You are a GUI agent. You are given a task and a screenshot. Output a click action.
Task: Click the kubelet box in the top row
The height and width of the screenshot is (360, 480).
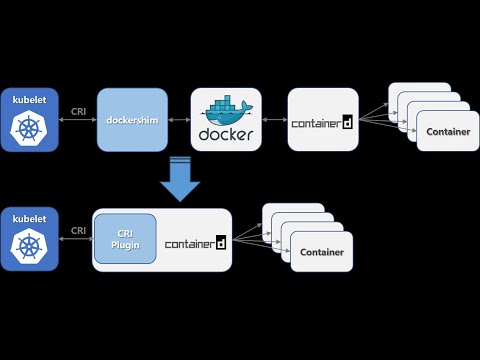pyautogui.click(x=29, y=119)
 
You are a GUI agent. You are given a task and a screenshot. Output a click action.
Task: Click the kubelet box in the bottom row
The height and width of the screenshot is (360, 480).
pyautogui.click(x=29, y=239)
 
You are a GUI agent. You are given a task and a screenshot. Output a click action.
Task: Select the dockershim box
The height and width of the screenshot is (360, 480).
pyautogui.click(x=129, y=120)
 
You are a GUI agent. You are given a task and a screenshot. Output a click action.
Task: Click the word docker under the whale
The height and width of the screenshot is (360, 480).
pyautogui.click(x=226, y=134)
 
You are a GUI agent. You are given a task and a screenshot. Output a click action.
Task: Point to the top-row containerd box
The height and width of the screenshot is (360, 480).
pyautogui.click(x=323, y=120)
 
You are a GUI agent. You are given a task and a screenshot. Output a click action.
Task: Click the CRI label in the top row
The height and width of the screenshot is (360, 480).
pyautogui.click(x=78, y=110)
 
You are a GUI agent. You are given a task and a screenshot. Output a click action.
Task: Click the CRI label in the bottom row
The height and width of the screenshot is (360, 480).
pyautogui.click(x=78, y=230)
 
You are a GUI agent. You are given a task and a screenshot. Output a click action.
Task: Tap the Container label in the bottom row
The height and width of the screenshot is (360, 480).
pyautogui.click(x=321, y=252)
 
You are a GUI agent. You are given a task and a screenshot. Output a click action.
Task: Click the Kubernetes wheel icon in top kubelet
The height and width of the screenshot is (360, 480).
pyautogui.click(x=29, y=128)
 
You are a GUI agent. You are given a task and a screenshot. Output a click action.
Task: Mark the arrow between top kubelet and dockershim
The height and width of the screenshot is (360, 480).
pyautogui.click(x=78, y=120)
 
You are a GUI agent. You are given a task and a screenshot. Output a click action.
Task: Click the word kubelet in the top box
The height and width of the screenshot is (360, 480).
pyautogui.click(x=29, y=100)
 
